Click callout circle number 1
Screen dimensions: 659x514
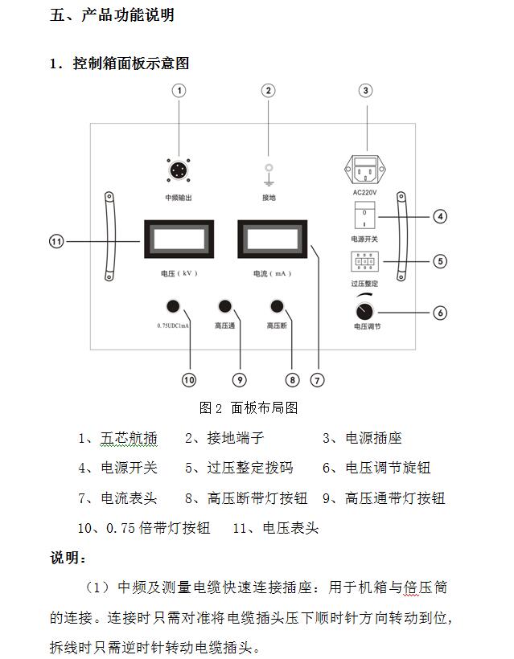[180, 90]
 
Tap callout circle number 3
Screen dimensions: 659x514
[366, 90]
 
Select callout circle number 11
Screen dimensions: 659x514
[57, 240]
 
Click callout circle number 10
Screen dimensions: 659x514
[189, 379]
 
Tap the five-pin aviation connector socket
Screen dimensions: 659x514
[178, 172]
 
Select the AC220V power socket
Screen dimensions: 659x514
[366, 170]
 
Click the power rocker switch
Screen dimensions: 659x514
[364, 216]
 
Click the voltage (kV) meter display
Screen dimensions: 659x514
[178, 240]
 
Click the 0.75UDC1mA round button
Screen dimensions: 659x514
[172, 306]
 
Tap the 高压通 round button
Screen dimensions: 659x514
[225, 306]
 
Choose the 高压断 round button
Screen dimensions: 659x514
[278, 306]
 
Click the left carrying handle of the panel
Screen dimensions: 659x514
[108, 236]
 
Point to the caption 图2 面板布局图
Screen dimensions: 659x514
[249, 407]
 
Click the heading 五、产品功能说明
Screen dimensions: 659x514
[112, 15]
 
